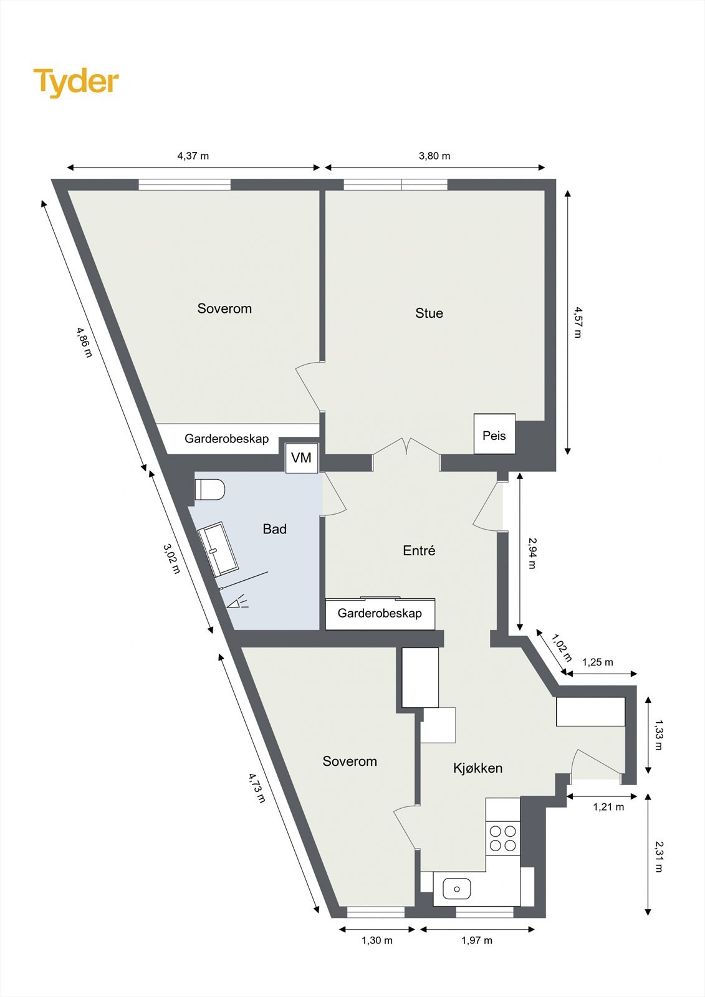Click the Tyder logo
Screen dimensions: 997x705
76,82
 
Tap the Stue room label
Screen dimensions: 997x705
429,313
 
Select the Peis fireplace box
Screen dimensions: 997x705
494,434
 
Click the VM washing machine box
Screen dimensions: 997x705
302,458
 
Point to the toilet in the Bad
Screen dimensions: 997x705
210,489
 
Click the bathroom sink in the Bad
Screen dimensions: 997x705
218,549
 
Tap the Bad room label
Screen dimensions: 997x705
274,529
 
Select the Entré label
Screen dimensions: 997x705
419,551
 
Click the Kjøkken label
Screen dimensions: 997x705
477,768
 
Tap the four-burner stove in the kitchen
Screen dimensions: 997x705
502,838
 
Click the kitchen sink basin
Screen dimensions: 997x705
458,888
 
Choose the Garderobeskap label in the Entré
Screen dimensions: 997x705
380,614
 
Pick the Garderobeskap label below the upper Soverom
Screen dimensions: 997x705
226,439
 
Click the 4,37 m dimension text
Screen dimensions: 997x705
193,156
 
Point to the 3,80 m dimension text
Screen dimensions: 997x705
434,156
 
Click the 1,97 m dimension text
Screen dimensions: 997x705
477,940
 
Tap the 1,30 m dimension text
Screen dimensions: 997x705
377,940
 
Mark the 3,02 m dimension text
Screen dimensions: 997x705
171,558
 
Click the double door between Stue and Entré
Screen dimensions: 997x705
406,449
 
